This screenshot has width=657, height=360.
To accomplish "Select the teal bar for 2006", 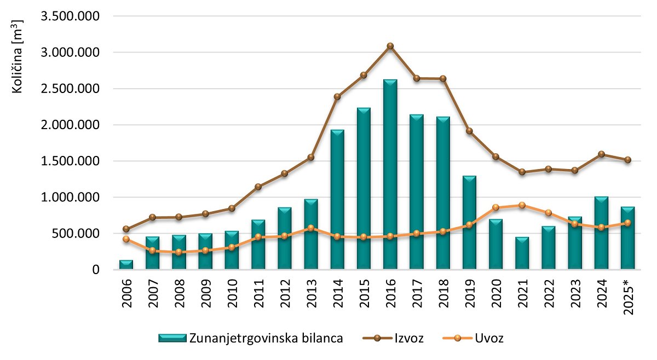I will tap(126, 265).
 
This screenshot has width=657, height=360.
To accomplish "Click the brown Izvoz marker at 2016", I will tap(390, 46).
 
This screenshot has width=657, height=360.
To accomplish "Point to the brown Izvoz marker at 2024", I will tap(601, 154).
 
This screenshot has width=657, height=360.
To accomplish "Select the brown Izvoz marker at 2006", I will tap(126, 229).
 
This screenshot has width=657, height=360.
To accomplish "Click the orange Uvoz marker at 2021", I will tap(522, 205).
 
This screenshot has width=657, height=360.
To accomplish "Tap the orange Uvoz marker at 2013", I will tap(311, 228).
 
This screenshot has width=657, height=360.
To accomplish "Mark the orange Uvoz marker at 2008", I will tap(179, 252).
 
